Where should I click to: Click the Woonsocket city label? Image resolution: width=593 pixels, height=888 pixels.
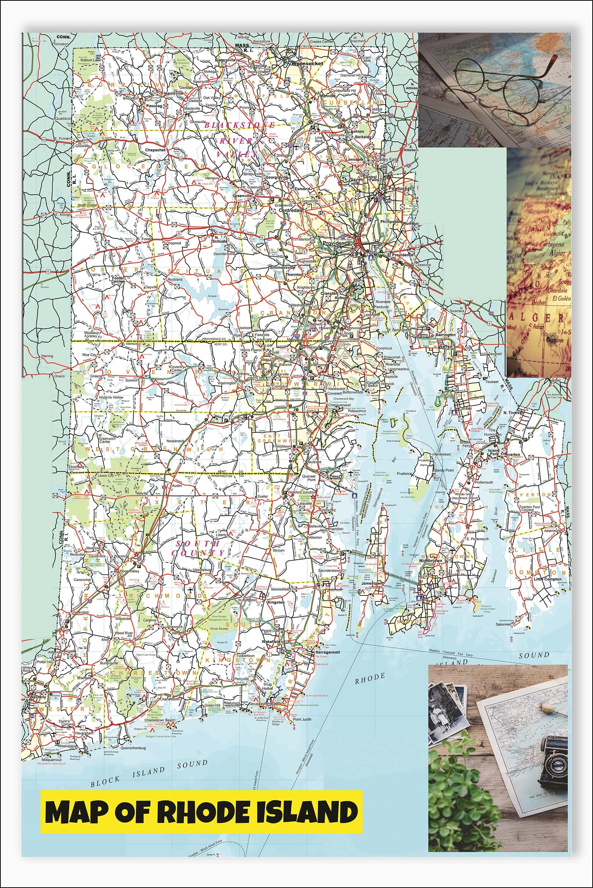[307, 64]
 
